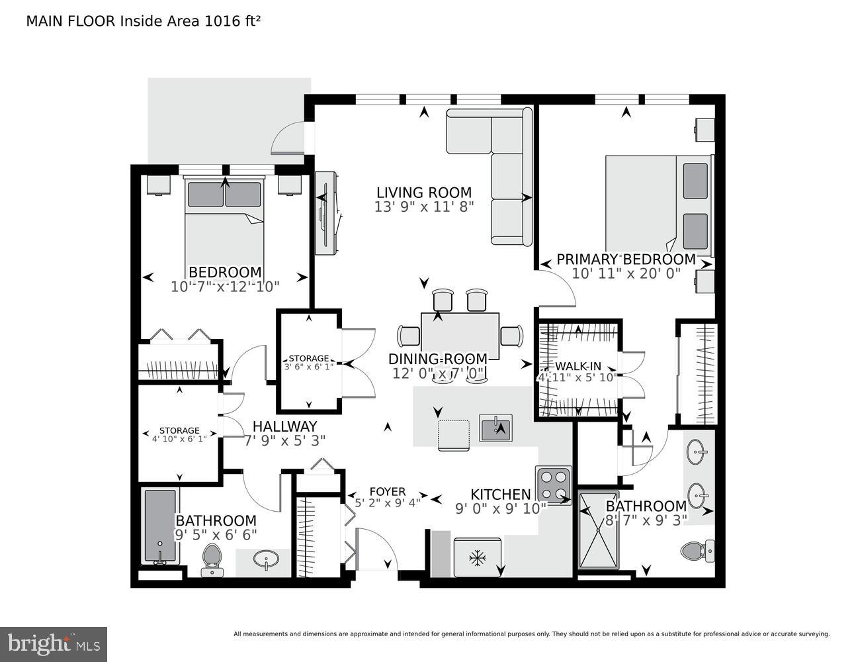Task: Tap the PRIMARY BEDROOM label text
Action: click(x=626, y=259)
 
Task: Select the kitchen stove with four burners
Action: click(x=553, y=485)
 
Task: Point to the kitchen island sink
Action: click(x=495, y=428)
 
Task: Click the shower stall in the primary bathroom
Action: click(x=599, y=530)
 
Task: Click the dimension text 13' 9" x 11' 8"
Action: click(x=424, y=207)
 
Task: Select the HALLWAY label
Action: click(x=284, y=426)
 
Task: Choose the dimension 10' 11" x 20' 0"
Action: click(x=626, y=273)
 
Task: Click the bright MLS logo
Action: click(x=54, y=643)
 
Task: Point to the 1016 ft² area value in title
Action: click(x=232, y=21)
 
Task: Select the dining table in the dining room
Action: click(x=460, y=335)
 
